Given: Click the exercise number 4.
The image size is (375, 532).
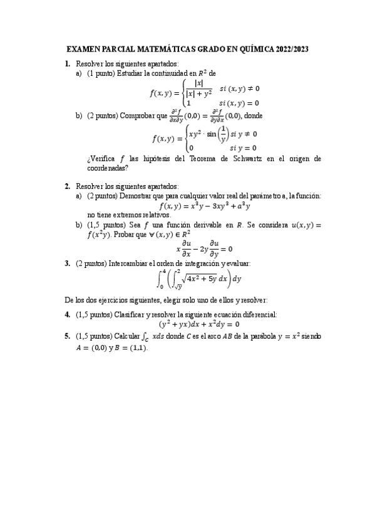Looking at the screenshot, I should coord(67,314).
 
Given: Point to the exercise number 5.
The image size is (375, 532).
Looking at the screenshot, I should coord(67,337).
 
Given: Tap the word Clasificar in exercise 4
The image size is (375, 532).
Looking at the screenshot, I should coord(129,314).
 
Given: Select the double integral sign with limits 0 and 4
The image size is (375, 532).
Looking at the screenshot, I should coord(161,279).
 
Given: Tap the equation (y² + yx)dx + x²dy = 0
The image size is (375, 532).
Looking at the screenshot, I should coord(199,324).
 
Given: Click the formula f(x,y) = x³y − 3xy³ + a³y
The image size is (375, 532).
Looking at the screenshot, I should coord(205,205).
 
